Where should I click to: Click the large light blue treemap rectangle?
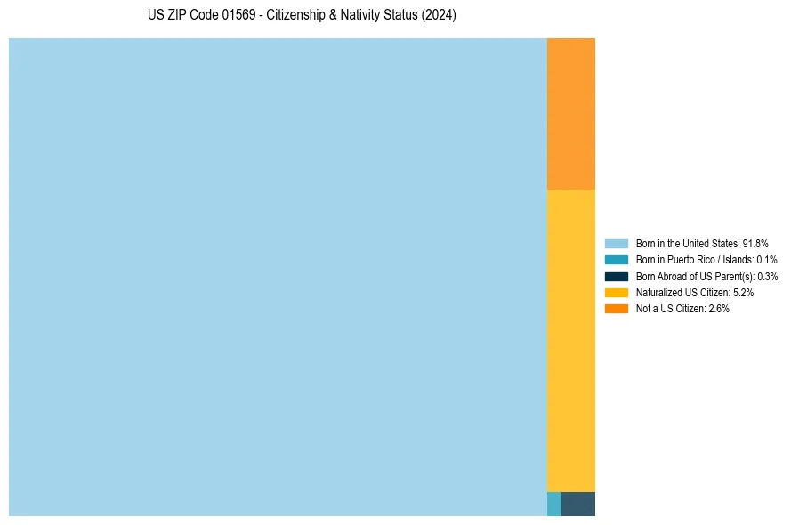click(278, 277)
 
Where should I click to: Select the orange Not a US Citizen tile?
click(571, 114)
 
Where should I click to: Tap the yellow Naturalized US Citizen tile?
click(571, 340)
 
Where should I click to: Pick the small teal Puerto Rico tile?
click(554, 504)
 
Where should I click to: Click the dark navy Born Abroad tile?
click(578, 504)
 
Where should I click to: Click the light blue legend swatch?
click(617, 243)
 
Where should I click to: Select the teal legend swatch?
click(617, 260)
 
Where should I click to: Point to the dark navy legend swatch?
click(617, 276)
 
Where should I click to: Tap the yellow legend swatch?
click(617, 292)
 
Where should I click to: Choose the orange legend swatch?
click(617, 309)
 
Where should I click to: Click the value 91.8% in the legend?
click(755, 243)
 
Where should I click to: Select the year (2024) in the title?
click(440, 16)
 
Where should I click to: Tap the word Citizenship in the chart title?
click(297, 16)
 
